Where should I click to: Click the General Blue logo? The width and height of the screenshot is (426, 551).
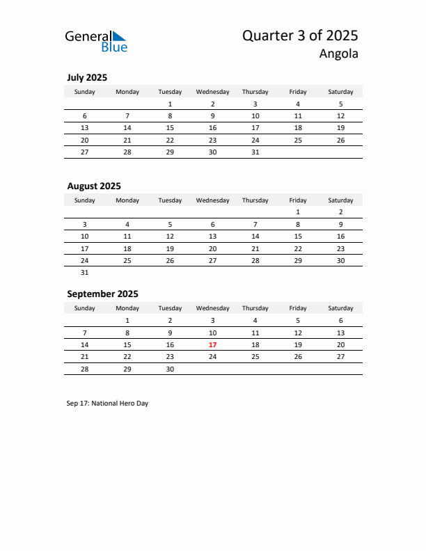coord(96,41)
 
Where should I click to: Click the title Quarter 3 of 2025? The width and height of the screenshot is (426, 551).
coord(300,35)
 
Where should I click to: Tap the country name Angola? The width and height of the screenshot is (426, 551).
coord(339,54)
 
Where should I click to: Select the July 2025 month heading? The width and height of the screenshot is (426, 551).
coord(87,78)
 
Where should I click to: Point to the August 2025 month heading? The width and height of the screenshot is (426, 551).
coord(94,186)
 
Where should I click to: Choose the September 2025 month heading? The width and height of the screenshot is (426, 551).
coord(102,294)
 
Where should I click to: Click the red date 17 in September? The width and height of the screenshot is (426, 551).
coord(212,345)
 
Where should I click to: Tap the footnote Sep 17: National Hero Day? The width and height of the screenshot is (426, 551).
coord(108,403)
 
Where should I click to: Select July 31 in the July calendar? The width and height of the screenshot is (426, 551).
coord(255,152)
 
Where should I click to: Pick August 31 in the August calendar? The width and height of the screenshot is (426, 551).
coord(85,273)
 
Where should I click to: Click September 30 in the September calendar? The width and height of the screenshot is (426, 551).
coord(170,369)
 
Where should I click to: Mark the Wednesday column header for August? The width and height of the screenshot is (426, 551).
coord(212,200)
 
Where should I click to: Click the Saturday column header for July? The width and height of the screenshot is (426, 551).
coord(340,92)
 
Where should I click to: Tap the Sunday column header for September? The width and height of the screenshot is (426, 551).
coord(85,308)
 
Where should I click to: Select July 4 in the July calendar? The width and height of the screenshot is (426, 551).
coord(298,104)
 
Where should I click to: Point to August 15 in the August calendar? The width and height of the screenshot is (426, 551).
coord(298,237)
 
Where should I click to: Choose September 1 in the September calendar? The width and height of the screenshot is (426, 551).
coord(127,321)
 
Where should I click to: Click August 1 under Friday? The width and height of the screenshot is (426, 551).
coord(298,212)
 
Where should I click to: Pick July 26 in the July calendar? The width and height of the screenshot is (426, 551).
coord(340,140)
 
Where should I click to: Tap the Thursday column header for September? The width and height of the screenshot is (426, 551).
coord(255,308)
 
